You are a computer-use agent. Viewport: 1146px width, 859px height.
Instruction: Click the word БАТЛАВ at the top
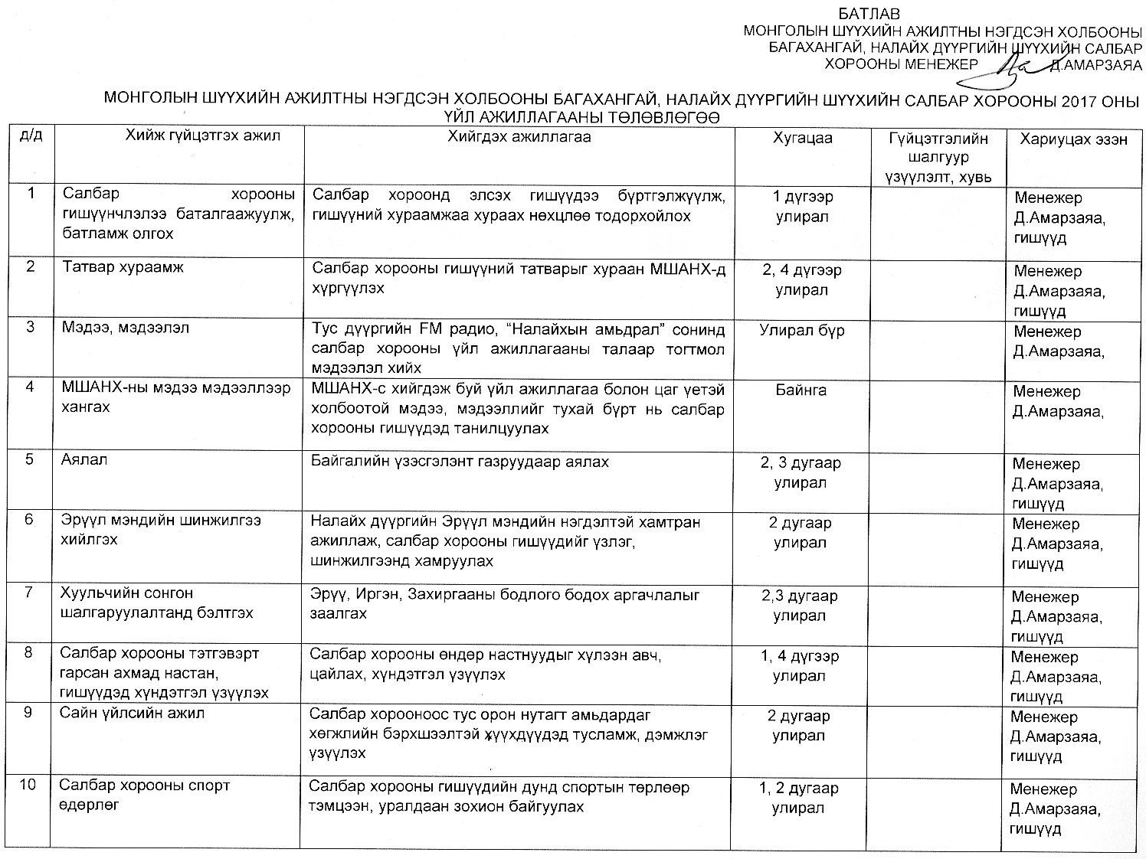(x=869, y=14)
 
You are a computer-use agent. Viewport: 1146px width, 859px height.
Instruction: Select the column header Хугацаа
(x=802, y=139)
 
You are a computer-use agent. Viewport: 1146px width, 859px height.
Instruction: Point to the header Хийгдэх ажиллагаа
(x=519, y=136)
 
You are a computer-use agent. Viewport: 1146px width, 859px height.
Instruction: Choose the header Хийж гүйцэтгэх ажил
(x=204, y=136)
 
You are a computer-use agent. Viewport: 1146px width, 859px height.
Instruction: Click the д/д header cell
(x=31, y=136)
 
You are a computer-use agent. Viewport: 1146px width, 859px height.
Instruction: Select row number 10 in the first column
(x=27, y=785)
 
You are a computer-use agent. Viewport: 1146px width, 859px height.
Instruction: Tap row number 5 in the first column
(x=29, y=459)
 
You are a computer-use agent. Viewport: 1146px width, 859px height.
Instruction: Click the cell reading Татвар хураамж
(x=123, y=267)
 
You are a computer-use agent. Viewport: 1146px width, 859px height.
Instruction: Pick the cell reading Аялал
(x=84, y=460)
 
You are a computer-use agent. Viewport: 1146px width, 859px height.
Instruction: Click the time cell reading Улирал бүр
(x=802, y=331)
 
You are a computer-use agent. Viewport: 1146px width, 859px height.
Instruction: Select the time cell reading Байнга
(x=801, y=390)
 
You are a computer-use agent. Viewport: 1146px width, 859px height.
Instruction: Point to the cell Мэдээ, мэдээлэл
(x=126, y=328)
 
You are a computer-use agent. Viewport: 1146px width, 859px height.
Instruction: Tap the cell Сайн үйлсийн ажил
(x=133, y=714)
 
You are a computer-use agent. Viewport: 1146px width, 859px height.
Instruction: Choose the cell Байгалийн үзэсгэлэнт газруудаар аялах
(x=460, y=462)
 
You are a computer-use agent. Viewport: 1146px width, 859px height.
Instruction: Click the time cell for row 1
(x=802, y=207)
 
